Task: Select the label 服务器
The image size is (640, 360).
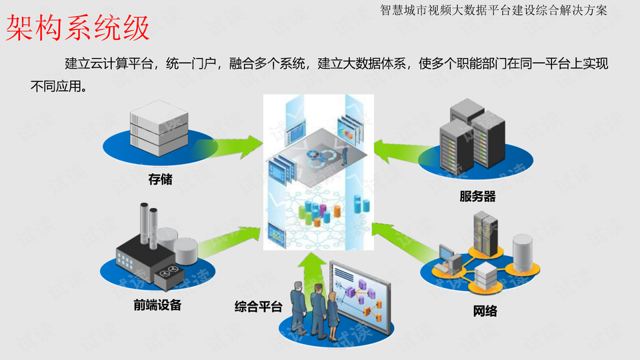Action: pyautogui.click(x=477, y=197)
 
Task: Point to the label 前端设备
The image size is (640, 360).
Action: pyautogui.click(x=157, y=305)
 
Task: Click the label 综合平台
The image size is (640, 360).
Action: pyautogui.click(x=258, y=307)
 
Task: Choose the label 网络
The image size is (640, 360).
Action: pyautogui.click(x=485, y=311)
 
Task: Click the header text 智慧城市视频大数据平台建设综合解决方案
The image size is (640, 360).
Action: pyautogui.click(x=493, y=10)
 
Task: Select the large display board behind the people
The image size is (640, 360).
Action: pyautogui.click(x=360, y=297)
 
